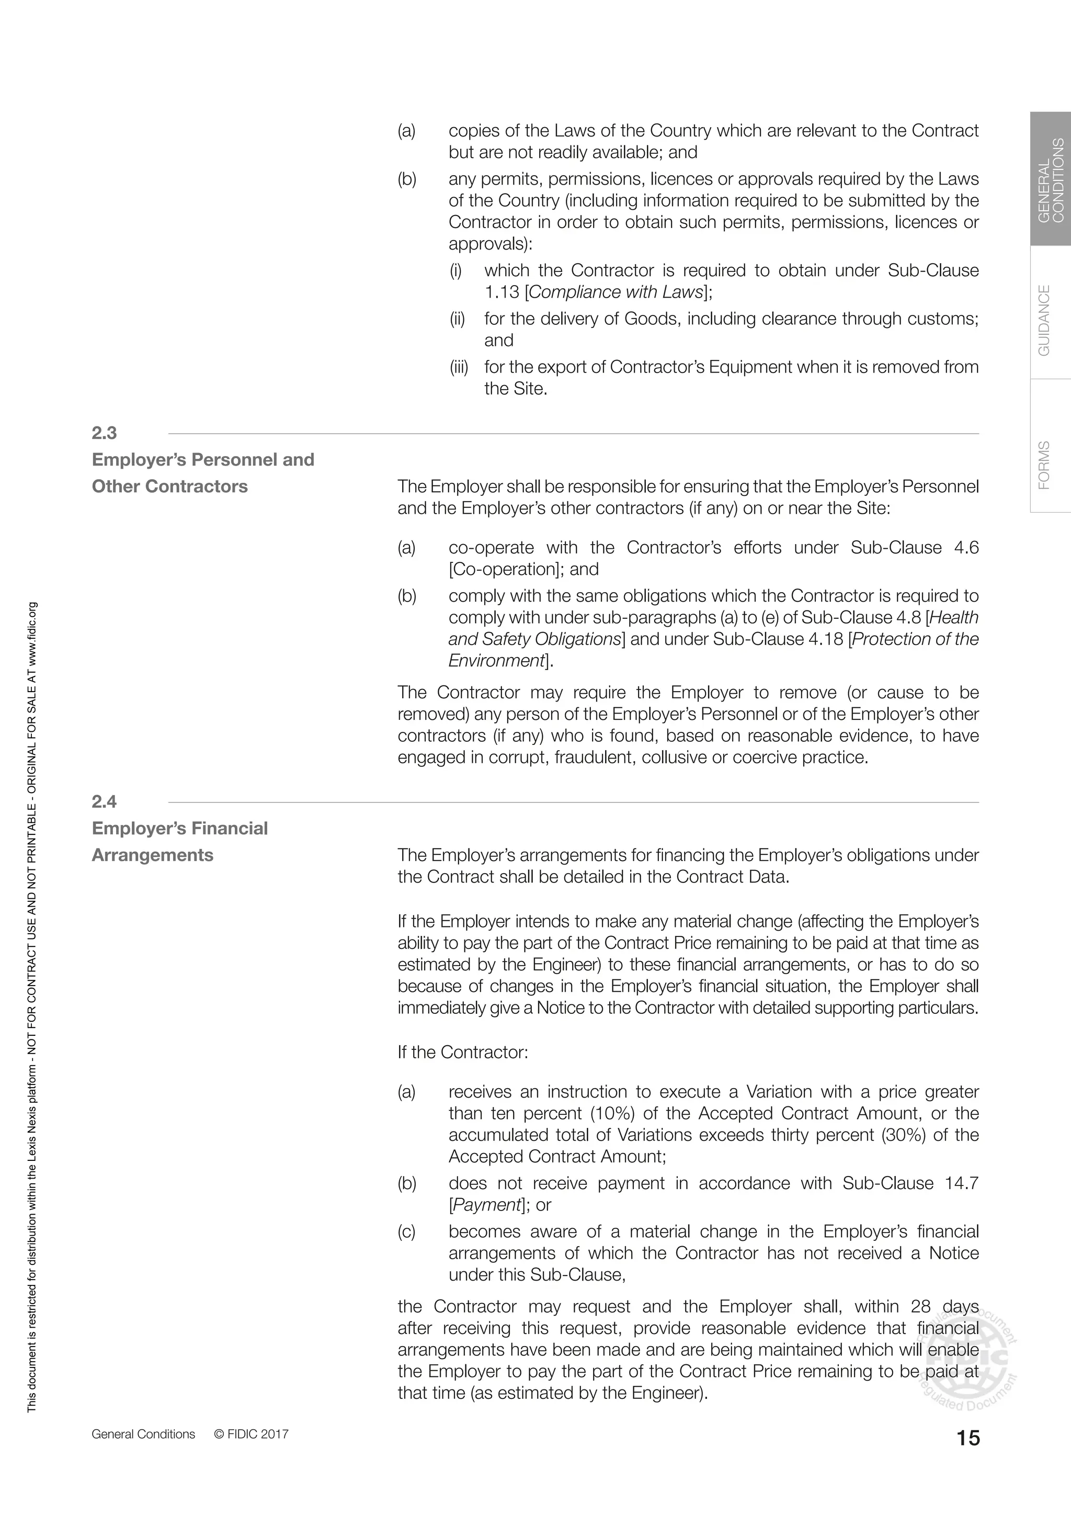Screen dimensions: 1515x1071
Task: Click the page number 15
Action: pos(967,1438)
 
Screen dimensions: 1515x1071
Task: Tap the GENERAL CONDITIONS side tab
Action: pos(1051,179)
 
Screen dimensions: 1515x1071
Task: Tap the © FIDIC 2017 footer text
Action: pos(251,1434)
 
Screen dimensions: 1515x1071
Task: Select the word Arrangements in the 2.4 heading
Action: pos(152,855)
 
